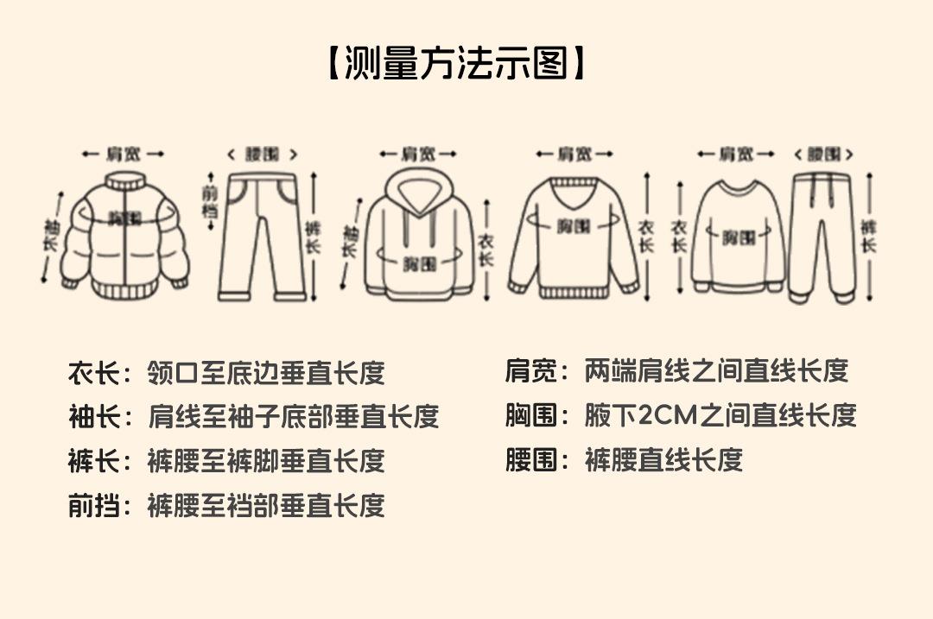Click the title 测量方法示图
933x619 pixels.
(x=457, y=63)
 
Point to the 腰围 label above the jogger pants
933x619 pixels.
(x=824, y=155)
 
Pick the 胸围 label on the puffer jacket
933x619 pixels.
(x=124, y=218)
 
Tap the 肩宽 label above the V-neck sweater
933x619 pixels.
(x=574, y=155)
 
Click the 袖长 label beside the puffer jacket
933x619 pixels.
(x=50, y=235)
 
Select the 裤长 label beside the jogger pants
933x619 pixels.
(x=867, y=235)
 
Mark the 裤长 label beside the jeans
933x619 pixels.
(x=314, y=235)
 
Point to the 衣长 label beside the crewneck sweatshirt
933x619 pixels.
(x=680, y=235)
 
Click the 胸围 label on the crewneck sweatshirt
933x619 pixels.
(x=737, y=237)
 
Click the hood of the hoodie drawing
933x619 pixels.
(x=418, y=188)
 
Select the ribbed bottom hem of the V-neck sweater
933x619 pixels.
(x=574, y=292)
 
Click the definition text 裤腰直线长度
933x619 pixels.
(x=663, y=460)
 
